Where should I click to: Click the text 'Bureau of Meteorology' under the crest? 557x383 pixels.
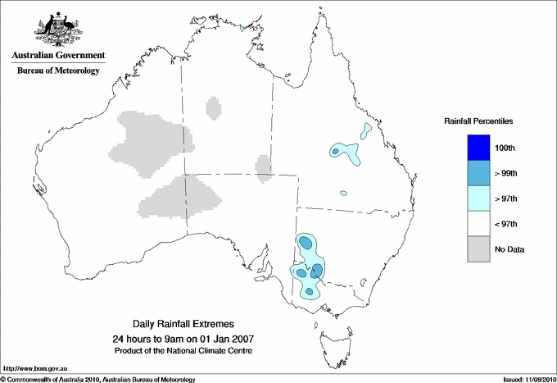58,71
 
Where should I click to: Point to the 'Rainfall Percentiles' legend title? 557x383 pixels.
478,121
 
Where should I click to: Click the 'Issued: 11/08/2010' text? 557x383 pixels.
528,379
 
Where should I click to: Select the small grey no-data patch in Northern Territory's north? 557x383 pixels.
213,107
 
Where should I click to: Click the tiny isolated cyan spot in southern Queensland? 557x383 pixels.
344,194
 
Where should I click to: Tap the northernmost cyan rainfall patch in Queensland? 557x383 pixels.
365,130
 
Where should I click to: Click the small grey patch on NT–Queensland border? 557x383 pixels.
263,166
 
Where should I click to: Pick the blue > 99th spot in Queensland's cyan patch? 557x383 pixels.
335,151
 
